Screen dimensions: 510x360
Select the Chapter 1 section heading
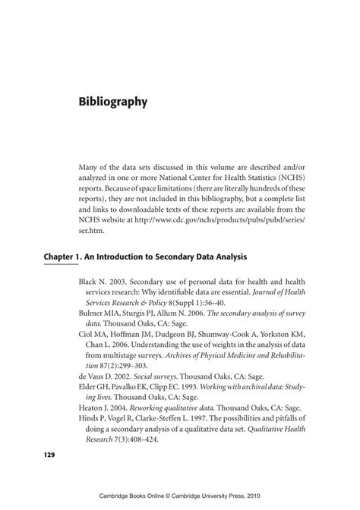click(x=150, y=257)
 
